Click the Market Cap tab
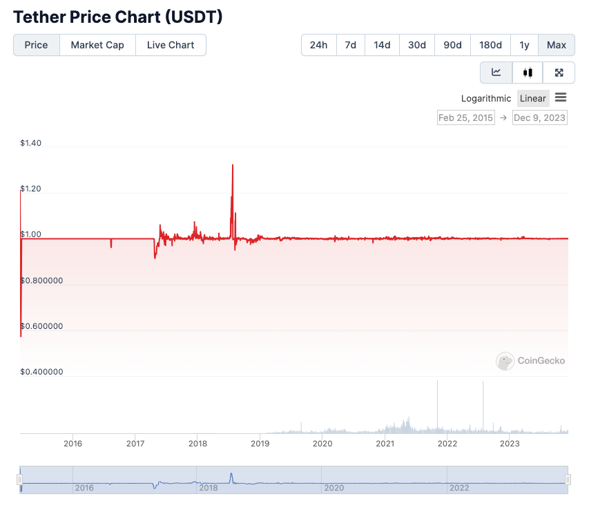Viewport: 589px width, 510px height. click(97, 45)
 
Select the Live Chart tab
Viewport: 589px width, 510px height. click(171, 45)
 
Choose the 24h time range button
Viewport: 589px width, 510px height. click(318, 45)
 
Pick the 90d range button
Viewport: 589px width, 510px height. click(452, 45)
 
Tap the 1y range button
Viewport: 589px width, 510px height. click(524, 45)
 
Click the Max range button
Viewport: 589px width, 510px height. click(556, 45)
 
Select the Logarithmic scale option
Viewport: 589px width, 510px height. click(486, 98)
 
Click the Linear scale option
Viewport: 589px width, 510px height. click(532, 98)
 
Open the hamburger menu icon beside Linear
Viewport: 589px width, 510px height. click(561, 97)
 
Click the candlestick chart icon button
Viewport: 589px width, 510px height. click(528, 73)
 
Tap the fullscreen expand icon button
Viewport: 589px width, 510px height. click(559, 73)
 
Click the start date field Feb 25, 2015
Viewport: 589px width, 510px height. click(465, 117)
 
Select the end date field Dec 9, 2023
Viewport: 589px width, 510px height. click(539, 117)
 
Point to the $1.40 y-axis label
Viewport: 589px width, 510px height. click(31, 143)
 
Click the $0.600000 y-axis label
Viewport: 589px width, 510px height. click(41, 326)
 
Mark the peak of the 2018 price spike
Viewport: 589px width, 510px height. click(233, 165)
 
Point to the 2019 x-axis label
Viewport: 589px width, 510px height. click(260, 444)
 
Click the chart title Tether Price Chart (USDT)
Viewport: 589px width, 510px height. click(118, 17)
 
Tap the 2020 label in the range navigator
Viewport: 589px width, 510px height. click(334, 488)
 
